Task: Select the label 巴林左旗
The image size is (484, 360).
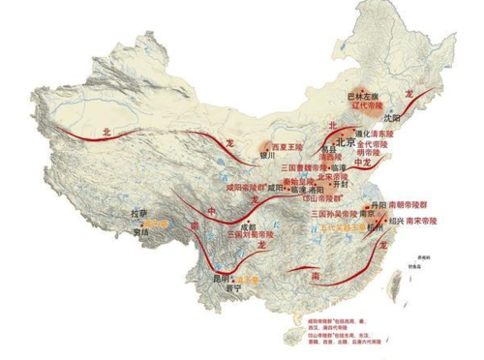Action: click(364, 96)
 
